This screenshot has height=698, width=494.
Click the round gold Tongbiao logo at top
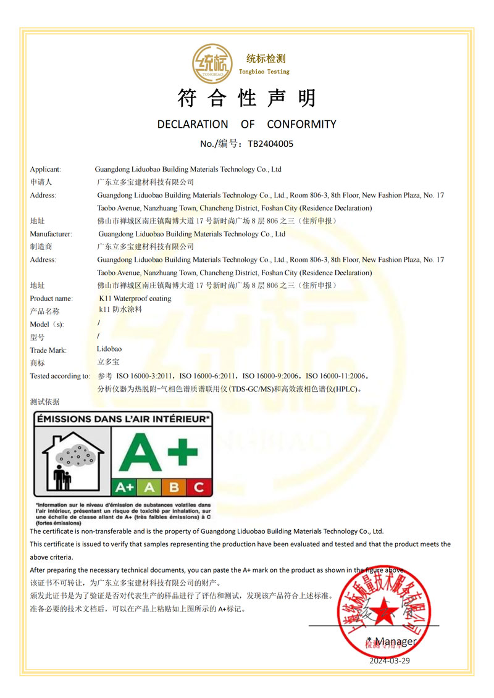click(212, 64)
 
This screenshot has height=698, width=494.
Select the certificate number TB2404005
click(270, 144)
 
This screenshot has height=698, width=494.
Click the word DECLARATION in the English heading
click(193, 124)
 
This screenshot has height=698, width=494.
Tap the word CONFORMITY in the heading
click(301, 124)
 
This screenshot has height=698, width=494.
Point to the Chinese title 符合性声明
click(246, 98)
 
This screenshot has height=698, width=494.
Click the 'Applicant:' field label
click(45, 169)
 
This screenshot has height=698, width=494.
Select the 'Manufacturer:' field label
click(51, 234)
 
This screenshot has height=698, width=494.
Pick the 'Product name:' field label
click(51, 299)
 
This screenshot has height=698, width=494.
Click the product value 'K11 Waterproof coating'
click(135, 299)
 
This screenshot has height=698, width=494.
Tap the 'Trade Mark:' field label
click(48, 351)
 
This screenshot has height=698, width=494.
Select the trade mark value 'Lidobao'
click(109, 349)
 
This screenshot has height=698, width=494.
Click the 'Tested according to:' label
click(60, 376)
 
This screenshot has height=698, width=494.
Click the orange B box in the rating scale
click(174, 487)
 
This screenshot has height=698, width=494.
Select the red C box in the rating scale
click(198, 487)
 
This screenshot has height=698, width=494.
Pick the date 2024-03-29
click(390, 660)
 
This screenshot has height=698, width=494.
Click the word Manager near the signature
click(395, 641)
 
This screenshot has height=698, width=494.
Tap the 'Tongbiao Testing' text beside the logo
click(264, 72)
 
